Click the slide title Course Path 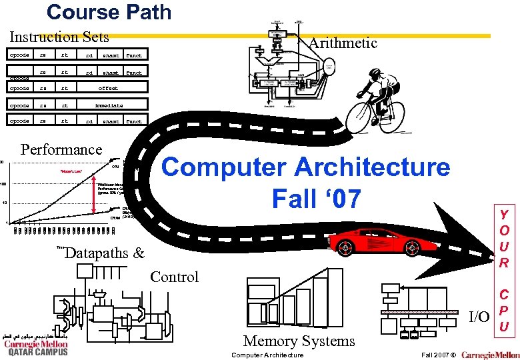pyautogui.click(x=109, y=12)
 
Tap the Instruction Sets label pyautogui.click(x=59, y=37)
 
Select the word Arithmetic pyautogui.click(x=343, y=43)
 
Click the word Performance pyautogui.click(x=62, y=149)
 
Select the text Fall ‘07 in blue pyautogui.click(x=317, y=197)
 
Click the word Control pyautogui.click(x=175, y=277)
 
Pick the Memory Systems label pyautogui.click(x=299, y=341)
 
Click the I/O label pyautogui.click(x=479, y=315)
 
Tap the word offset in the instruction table pyautogui.click(x=108, y=88)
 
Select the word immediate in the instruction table pyautogui.click(x=108, y=105)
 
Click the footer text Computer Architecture pyautogui.click(x=267, y=355)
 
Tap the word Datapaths pyautogui.click(x=96, y=253)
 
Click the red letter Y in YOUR pyautogui.click(x=505, y=215)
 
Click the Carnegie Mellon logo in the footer pyautogui.click(x=490, y=354)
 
